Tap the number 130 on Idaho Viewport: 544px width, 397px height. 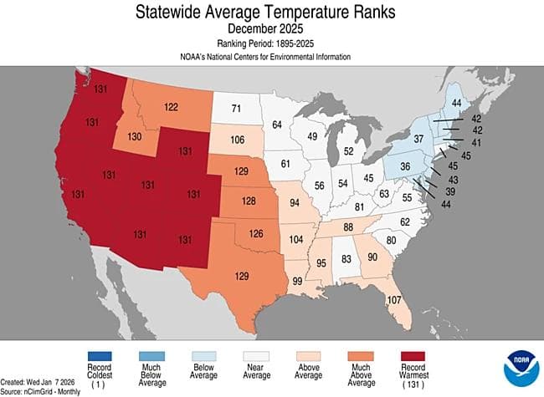coord(133,137)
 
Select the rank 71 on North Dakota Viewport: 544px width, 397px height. coord(236,109)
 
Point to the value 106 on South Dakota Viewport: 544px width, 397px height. coord(237,140)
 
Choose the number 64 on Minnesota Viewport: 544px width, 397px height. coord(277,125)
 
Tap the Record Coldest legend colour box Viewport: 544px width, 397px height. coord(100,356)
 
